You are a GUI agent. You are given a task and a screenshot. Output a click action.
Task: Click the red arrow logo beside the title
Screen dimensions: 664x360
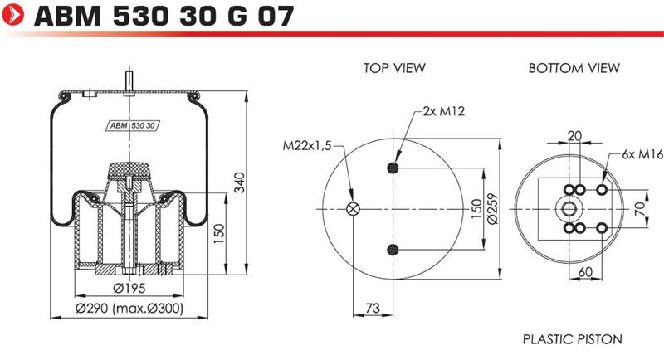point(12,14)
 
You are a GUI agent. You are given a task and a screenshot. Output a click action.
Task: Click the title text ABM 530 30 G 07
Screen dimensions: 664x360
point(164,16)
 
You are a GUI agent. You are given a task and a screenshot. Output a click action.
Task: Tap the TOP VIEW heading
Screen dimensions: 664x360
point(394,68)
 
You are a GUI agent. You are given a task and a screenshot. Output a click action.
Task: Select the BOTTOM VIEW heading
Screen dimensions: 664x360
point(574,68)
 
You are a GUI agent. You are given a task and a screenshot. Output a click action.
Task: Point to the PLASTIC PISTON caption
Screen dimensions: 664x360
point(573,339)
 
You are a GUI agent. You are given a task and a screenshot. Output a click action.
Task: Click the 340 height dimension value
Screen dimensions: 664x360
point(240,182)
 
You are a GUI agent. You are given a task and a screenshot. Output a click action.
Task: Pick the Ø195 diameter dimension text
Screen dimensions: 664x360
point(129,288)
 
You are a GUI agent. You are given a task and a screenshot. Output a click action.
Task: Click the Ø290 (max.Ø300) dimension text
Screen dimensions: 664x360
point(129,309)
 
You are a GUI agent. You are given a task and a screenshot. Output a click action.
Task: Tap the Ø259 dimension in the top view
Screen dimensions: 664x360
point(492,208)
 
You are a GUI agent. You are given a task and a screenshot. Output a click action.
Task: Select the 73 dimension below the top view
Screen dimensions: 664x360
point(373,308)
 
